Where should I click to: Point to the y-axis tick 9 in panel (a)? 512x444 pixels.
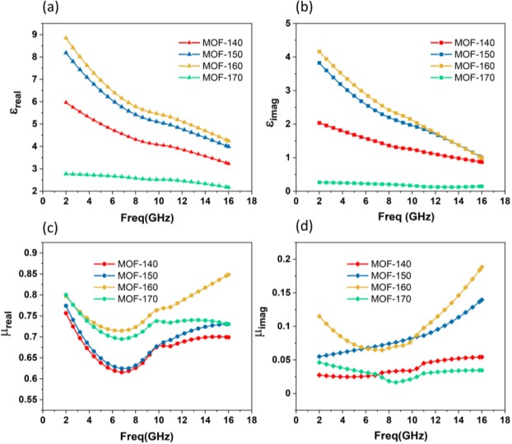pyautogui.click(x=31, y=35)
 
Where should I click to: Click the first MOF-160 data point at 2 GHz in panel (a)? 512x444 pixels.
pyautogui.click(x=66, y=38)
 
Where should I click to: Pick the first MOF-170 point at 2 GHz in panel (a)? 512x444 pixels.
pyautogui.click(x=66, y=173)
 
